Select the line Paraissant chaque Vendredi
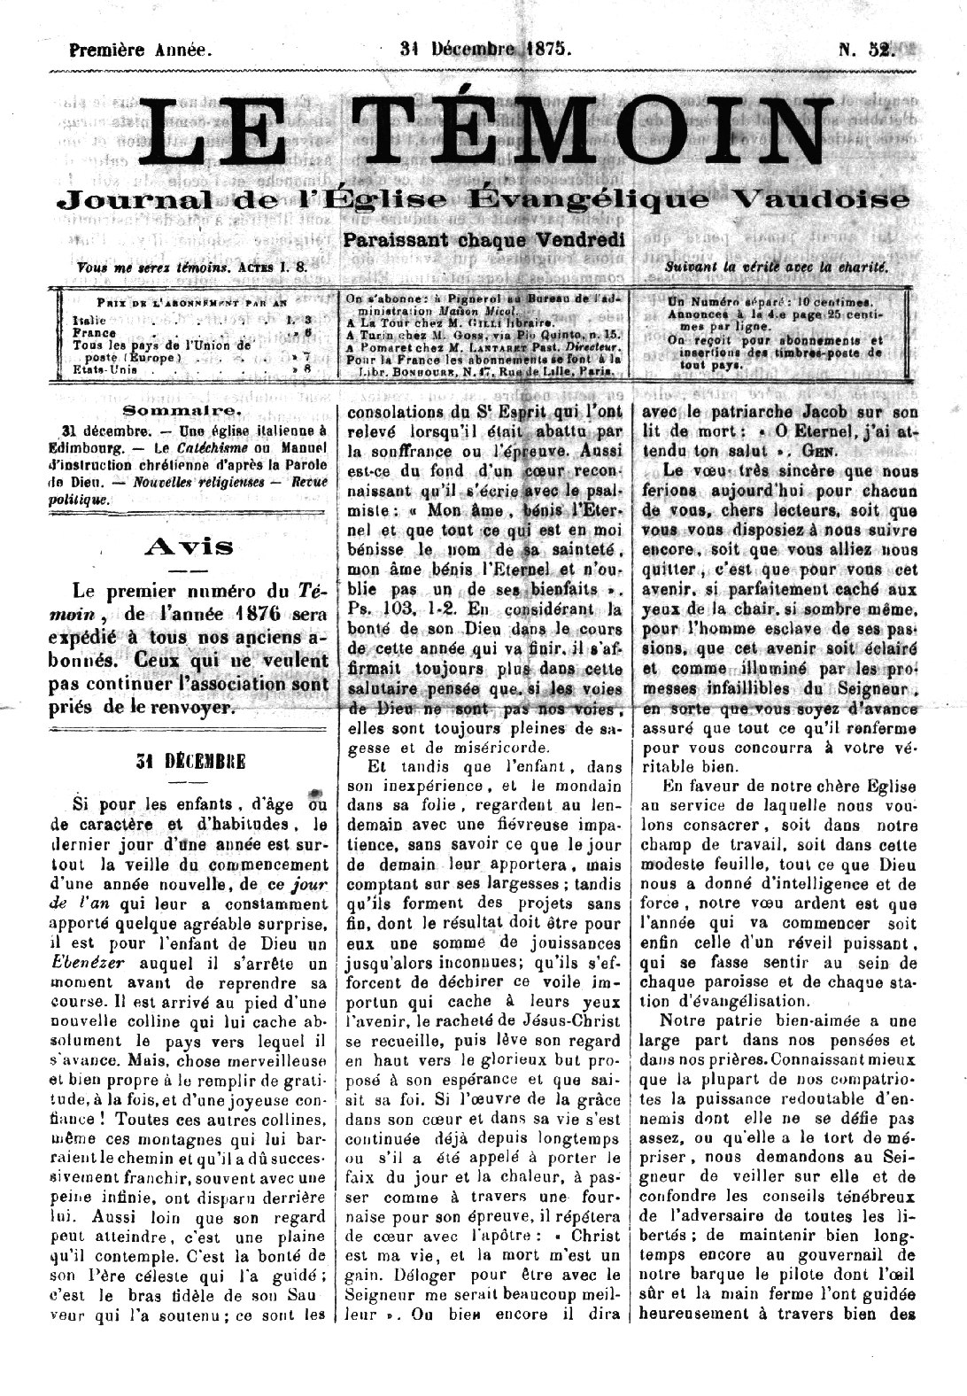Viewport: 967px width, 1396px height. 483,240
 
